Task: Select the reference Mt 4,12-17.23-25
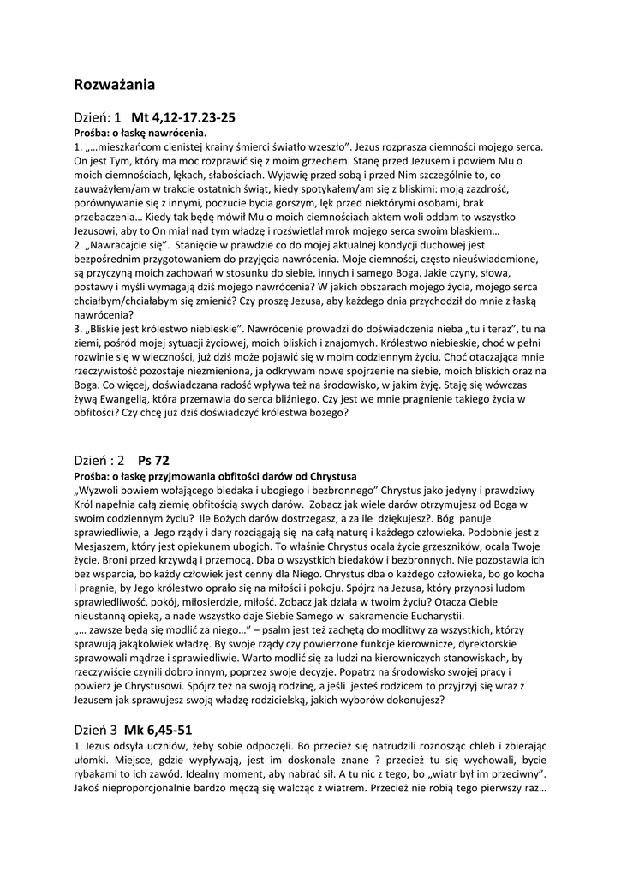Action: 183,117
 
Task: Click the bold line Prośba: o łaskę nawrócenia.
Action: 140,134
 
